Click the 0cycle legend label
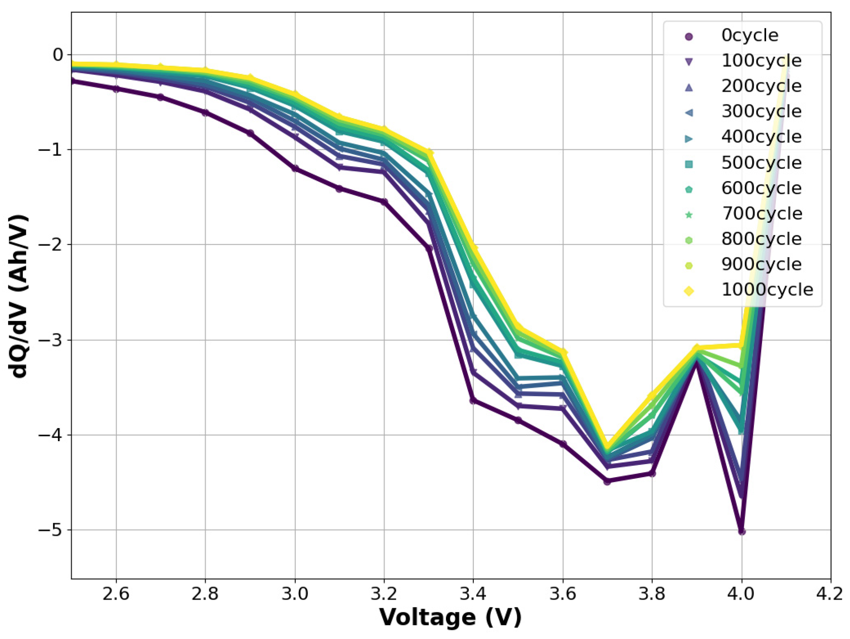pos(749,36)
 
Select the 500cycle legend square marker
pos(689,164)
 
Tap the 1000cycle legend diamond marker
pos(689,291)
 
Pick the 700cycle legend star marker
pos(689,215)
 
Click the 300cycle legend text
pos(761,112)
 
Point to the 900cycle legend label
pos(761,265)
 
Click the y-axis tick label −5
pos(51,530)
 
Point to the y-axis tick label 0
pos(58,54)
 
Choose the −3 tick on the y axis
pos(51,340)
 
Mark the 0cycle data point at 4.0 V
pos(741,532)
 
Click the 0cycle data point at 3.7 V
pos(607,481)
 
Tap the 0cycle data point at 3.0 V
pos(295,168)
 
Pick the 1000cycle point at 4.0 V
pos(741,345)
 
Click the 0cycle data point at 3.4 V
pos(473,400)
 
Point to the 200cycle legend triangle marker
pos(689,87)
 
